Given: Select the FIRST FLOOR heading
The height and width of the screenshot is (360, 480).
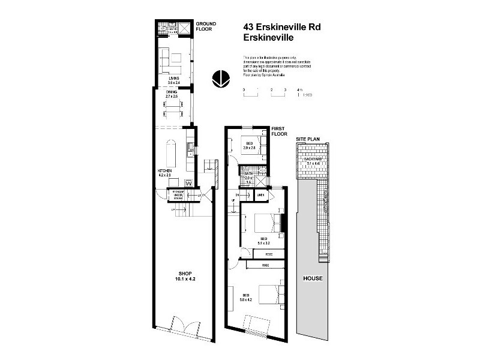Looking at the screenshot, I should click(x=280, y=131).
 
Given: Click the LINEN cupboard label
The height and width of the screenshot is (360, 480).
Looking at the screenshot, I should click(x=261, y=196).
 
